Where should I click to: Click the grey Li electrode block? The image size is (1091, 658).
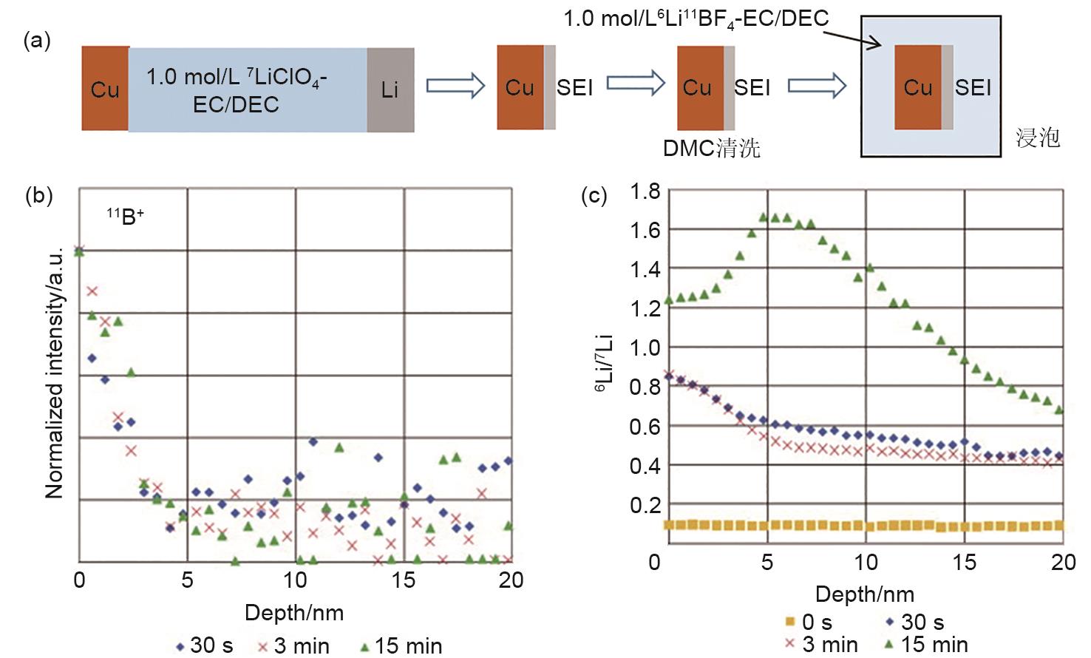coord(390,89)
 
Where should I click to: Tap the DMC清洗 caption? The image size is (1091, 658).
coord(711,149)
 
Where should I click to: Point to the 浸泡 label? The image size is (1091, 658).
coord(1038,138)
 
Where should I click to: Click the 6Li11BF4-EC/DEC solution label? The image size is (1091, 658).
coord(696,18)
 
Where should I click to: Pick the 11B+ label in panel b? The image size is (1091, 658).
coord(125,217)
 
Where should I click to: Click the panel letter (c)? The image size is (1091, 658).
coord(594,196)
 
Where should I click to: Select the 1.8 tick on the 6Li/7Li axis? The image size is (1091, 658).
coord(645,191)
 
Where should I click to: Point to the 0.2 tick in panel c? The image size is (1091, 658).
coord(645,505)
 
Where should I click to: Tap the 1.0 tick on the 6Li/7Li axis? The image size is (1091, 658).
coord(645,347)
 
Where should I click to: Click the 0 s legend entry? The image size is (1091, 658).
coord(807,623)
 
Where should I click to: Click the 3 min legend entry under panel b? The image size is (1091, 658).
coord(293,645)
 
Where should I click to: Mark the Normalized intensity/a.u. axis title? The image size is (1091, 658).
coord(55,373)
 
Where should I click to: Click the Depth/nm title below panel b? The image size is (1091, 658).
coord(294,612)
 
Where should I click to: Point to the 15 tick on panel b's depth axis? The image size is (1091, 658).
coord(404,580)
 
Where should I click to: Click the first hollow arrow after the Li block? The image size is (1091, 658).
coord(455,87)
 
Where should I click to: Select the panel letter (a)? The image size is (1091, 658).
coord(37,41)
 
